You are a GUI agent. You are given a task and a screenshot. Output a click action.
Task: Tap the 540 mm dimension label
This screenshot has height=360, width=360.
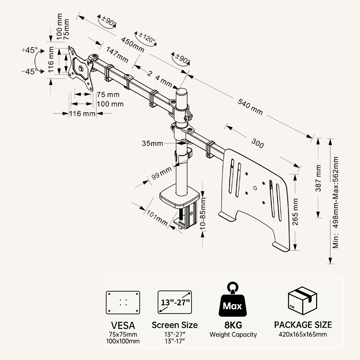click(x=250, y=107)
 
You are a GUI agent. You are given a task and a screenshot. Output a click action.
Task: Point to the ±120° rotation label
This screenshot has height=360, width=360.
click(x=145, y=37)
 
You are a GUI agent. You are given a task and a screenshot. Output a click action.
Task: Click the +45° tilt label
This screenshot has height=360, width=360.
click(x=29, y=50)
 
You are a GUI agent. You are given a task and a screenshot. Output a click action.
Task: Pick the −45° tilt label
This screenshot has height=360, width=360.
click(x=29, y=71)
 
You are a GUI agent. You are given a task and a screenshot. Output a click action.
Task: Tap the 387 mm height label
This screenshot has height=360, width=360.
click(x=319, y=178)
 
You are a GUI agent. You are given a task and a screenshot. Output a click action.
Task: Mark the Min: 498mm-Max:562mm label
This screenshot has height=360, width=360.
click(x=336, y=202)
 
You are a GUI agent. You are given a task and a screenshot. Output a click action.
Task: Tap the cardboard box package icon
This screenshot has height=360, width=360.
click(x=302, y=300)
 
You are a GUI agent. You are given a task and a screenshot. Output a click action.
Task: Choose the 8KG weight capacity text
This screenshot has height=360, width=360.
click(x=233, y=325)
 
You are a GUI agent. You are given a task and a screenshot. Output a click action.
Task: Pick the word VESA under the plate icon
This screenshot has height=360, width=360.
click(x=123, y=325)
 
